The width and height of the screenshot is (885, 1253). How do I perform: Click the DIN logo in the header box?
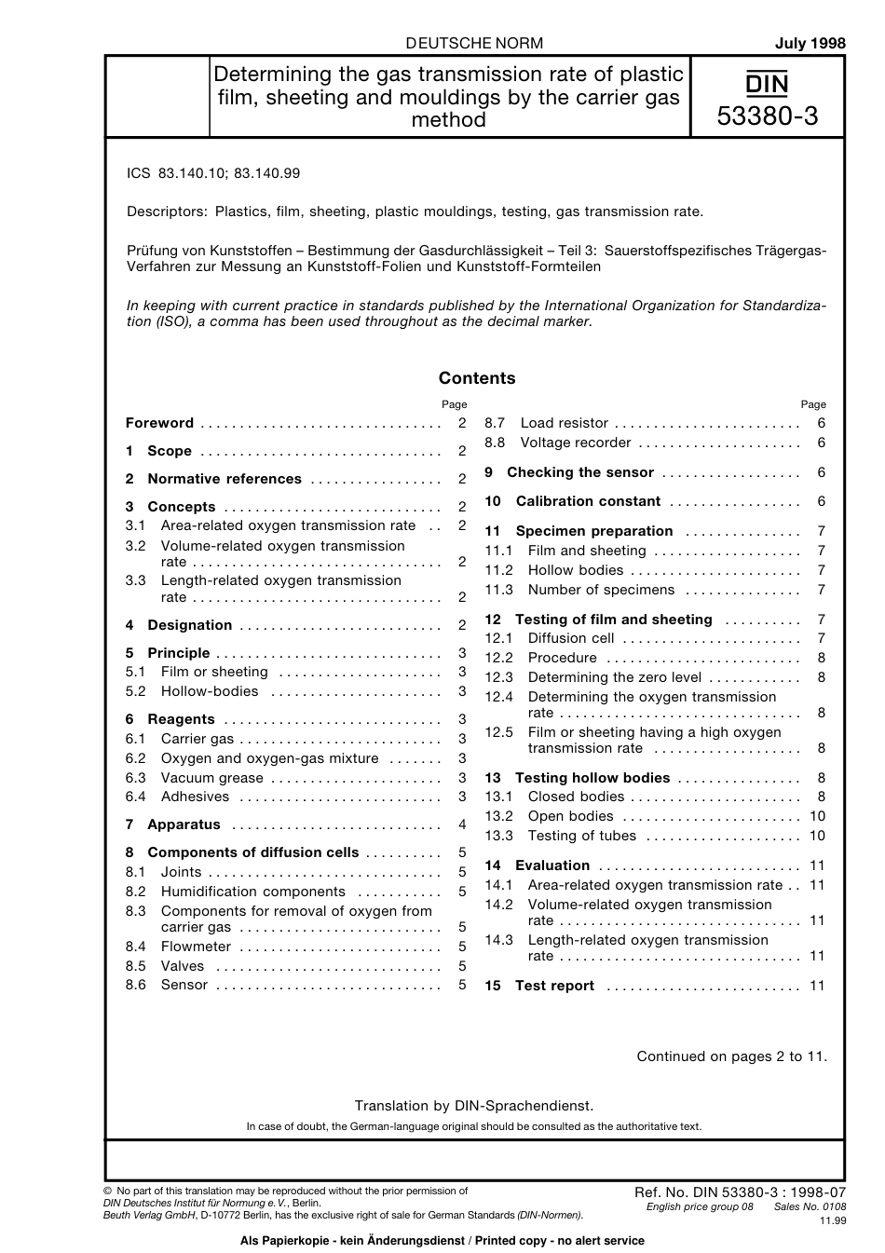767,85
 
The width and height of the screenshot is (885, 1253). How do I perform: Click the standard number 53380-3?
768,116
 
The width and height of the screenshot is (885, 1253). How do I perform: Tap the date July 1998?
810,43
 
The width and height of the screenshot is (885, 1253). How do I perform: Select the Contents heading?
476,378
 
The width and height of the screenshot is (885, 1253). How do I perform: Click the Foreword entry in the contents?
159,423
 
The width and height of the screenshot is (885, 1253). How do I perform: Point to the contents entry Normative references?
225,479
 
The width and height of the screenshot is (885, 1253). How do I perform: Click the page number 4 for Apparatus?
462,824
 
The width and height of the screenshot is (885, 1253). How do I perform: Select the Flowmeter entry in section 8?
196,947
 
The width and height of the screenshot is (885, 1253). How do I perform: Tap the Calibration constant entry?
588,501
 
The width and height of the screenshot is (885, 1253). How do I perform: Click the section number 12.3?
498,677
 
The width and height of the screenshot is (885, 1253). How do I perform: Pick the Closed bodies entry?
576,797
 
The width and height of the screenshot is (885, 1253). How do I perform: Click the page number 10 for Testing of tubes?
817,836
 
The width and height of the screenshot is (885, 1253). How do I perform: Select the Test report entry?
554,986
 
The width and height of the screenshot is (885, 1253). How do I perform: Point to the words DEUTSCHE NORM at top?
475,43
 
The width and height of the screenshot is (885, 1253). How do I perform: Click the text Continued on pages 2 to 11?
731,1056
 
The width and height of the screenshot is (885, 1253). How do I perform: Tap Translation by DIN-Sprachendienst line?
473,1106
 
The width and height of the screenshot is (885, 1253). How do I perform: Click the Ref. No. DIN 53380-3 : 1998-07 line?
740,1192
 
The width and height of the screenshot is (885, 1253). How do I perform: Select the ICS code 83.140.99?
267,173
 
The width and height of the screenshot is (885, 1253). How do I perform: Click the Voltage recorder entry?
575,443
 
